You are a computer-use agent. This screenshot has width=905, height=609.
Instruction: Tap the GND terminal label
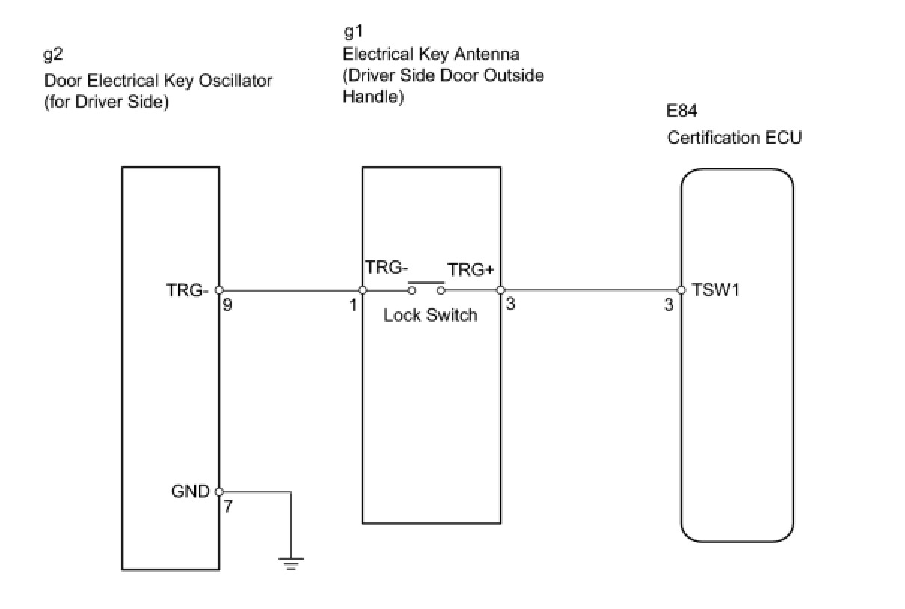click(x=191, y=492)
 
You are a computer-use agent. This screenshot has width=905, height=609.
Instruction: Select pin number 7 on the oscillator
click(x=228, y=506)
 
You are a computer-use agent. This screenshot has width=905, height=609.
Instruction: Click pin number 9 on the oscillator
click(x=227, y=304)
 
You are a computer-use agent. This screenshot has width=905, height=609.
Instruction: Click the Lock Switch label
click(x=430, y=315)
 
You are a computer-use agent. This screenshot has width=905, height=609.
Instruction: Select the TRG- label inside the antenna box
click(x=386, y=268)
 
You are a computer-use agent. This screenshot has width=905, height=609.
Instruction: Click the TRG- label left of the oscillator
click(x=187, y=290)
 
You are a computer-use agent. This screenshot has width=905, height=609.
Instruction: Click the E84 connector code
click(x=682, y=112)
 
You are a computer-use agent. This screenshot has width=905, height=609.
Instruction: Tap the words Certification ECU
click(x=734, y=138)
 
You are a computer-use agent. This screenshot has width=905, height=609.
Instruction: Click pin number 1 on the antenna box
click(x=353, y=304)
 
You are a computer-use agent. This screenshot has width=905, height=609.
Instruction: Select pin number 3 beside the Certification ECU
click(x=669, y=304)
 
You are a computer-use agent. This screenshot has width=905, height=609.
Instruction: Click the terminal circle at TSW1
click(x=681, y=290)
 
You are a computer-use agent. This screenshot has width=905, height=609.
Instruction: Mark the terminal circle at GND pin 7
click(x=219, y=492)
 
